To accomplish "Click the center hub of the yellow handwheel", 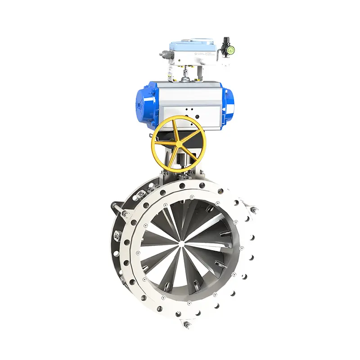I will tap(179, 143).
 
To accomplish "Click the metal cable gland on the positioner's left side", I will tap(163, 54).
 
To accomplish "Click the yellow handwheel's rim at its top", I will tap(179, 118).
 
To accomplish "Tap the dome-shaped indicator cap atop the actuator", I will tap(185, 80).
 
